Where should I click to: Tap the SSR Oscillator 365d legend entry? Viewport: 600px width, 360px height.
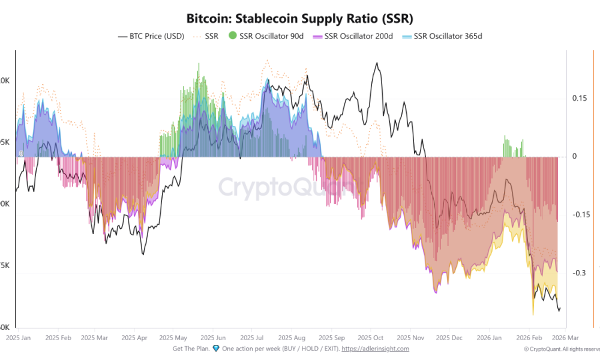click(x=448, y=36)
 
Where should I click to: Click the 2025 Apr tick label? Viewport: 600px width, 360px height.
click(x=135, y=338)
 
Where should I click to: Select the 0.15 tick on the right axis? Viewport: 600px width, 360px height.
click(x=579, y=98)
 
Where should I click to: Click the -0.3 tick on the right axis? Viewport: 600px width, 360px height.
click(x=579, y=273)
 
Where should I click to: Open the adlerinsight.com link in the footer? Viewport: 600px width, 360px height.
click(x=375, y=349)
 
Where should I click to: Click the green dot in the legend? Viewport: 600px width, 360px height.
click(x=232, y=36)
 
